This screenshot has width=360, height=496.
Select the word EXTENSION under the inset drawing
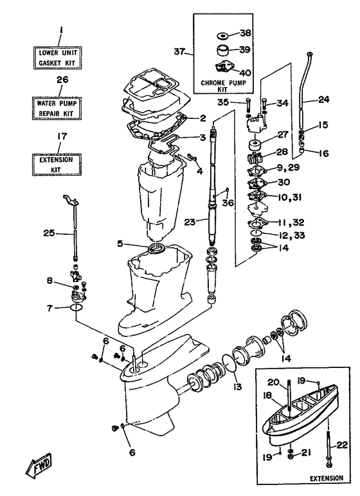pos(325,479)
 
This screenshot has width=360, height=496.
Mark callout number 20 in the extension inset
pos(273,381)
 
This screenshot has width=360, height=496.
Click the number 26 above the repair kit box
pos(62,79)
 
